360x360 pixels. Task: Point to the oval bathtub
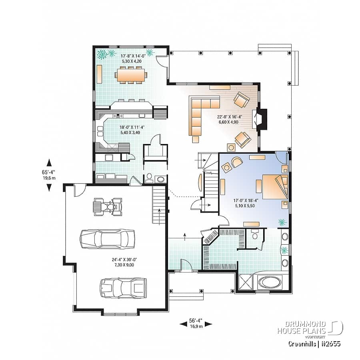(x=270, y=282)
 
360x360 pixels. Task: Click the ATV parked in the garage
(x=107, y=207)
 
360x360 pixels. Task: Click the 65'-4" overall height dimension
(x=49, y=175)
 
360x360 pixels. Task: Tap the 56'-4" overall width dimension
(x=196, y=322)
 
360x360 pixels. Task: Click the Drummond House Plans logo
(x=310, y=327)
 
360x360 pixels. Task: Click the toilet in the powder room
(x=148, y=178)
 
